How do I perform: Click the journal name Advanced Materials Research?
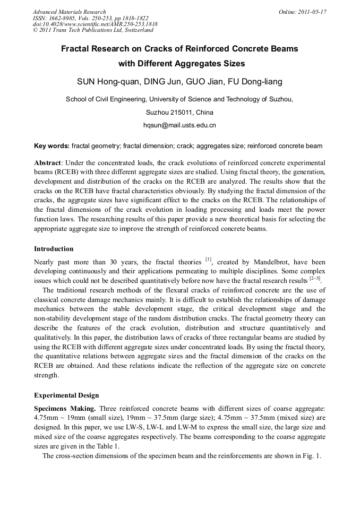[69, 12]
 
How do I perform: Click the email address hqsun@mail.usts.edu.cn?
[179, 126]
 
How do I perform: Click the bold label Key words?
[52, 145]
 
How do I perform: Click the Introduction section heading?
[54, 248]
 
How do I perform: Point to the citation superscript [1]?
[208, 260]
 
